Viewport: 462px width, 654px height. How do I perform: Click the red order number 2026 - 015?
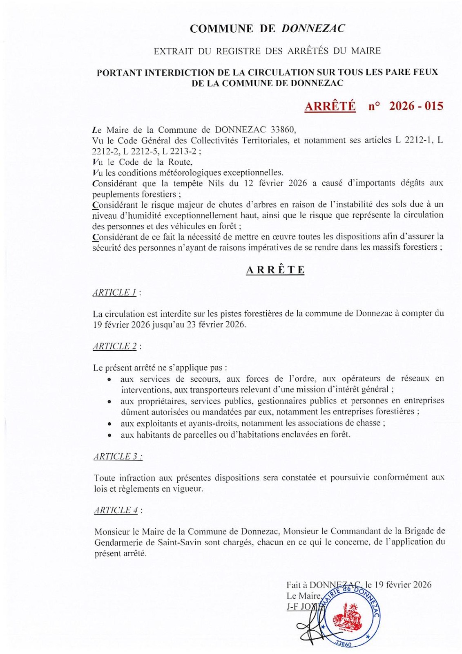tap(416, 106)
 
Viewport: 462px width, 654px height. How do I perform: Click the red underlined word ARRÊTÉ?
tap(330, 106)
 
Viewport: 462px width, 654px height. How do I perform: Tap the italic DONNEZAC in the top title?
tap(313, 29)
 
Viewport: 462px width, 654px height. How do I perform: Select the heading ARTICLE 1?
tap(114, 293)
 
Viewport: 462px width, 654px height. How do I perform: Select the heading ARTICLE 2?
tap(115, 346)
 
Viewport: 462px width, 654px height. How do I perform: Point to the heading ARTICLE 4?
tap(116, 510)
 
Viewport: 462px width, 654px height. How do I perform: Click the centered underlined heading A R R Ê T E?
tap(275, 270)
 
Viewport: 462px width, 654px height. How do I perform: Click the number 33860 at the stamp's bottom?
tap(343, 644)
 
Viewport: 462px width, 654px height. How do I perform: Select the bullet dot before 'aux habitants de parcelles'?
tap(109, 435)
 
